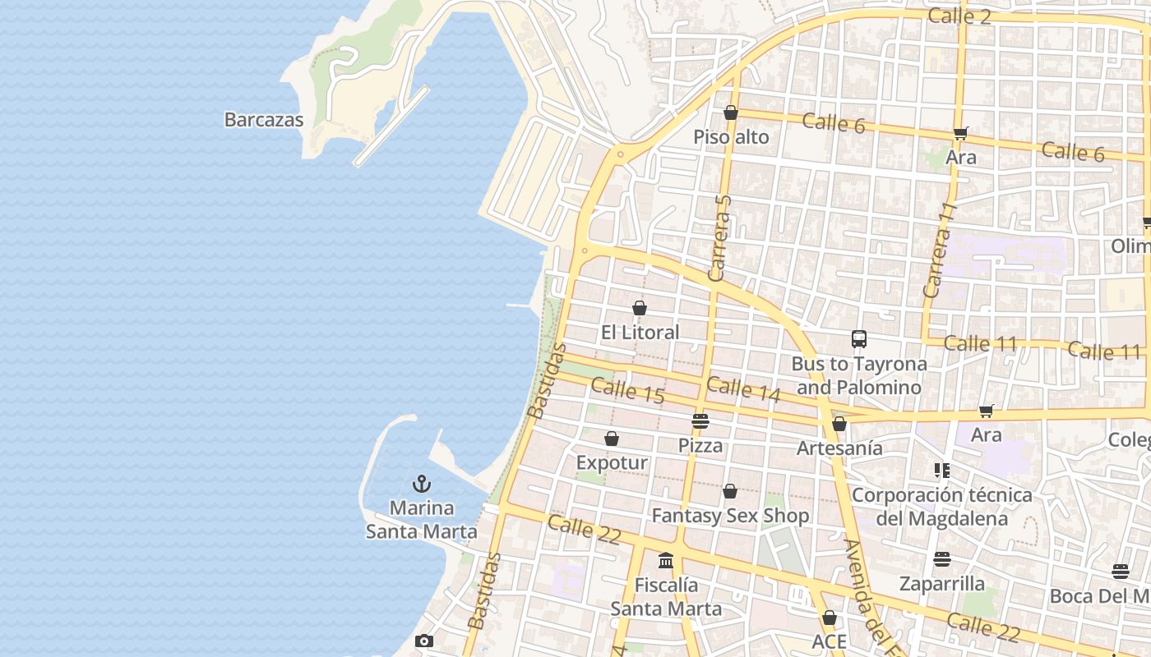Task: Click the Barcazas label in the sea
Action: point(264,120)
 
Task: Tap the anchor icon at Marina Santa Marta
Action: point(422,484)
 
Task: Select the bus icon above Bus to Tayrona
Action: point(859,338)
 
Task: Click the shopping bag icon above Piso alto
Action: point(731,113)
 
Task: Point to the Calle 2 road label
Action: point(959,16)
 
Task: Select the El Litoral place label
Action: point(640,333)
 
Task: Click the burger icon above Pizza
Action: point(700,421)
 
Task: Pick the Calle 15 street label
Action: point(627,390)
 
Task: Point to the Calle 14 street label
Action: point(743,389)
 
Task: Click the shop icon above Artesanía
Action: point(839,424)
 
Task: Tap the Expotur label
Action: point(612,462)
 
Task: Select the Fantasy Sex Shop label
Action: point(730,516)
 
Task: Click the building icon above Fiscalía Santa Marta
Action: point(666,561)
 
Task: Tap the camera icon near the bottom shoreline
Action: point(424,641)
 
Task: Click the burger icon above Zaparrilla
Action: point(942,559)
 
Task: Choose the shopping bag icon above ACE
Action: point(830,618)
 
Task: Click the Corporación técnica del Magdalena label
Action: point(941,507)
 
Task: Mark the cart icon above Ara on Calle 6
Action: point(960,133)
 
